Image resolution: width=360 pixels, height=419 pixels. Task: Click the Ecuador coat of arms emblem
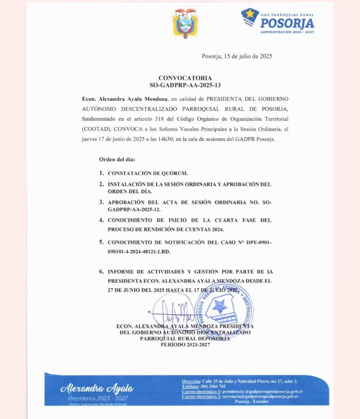(185, 23)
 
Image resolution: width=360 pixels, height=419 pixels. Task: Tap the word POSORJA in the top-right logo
(287, 22)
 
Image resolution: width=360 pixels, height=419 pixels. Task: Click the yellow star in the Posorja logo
(250, 16)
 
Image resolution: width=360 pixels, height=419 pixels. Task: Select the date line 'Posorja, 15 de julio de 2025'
(237, 56)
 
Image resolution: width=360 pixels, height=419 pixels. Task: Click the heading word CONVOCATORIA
(185, 78)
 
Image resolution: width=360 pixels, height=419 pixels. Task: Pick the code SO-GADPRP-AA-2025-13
(185, 85)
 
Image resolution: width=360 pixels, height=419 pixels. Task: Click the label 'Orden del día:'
(117, 160)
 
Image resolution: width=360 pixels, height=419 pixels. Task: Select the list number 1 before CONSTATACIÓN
(101, 173)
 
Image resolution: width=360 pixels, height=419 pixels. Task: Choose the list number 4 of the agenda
(101, 220)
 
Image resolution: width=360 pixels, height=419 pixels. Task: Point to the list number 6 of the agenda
(101, 272)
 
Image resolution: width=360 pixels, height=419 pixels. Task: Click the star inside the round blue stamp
(221, 306)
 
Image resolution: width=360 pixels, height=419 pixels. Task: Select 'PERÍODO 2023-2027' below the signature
(185, 345)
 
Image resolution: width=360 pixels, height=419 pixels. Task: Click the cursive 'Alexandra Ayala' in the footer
(97, 388)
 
